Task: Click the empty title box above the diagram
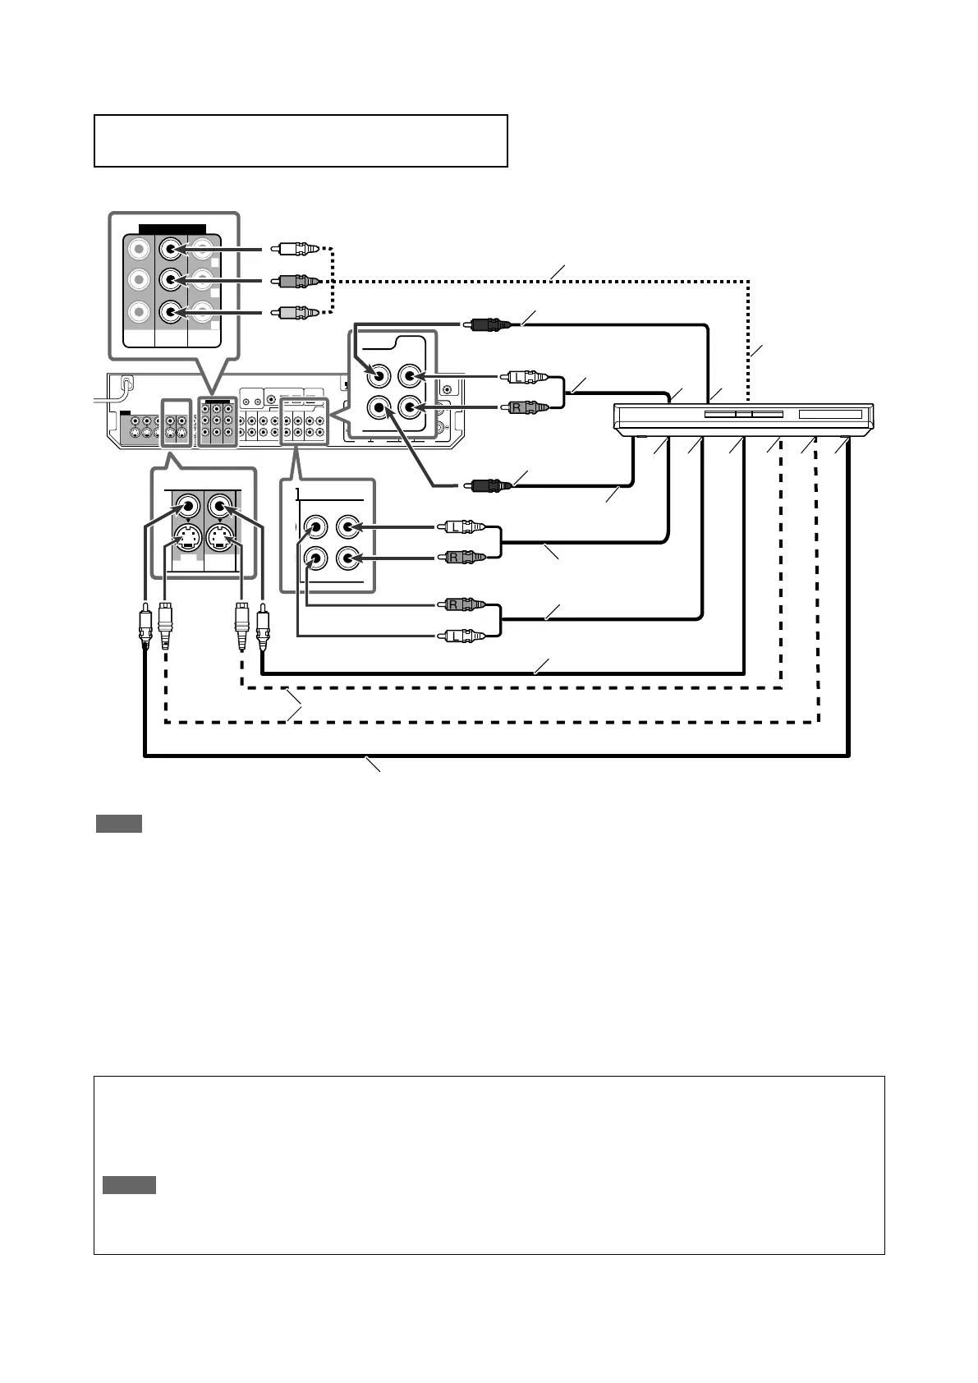(301, 140)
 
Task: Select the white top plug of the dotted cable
(297, 247)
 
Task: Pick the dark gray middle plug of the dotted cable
(297, 280)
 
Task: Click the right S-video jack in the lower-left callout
(219, 539)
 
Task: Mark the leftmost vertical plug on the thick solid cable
(145, 624)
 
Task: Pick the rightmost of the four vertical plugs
(262, 624)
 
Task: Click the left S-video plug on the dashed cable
(165, 624)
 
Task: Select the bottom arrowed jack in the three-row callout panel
(170, 312)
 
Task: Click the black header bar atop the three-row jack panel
(172, 228)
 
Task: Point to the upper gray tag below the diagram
(119, 824)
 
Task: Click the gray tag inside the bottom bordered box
(129, 1185)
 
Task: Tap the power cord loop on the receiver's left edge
(126, 384)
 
